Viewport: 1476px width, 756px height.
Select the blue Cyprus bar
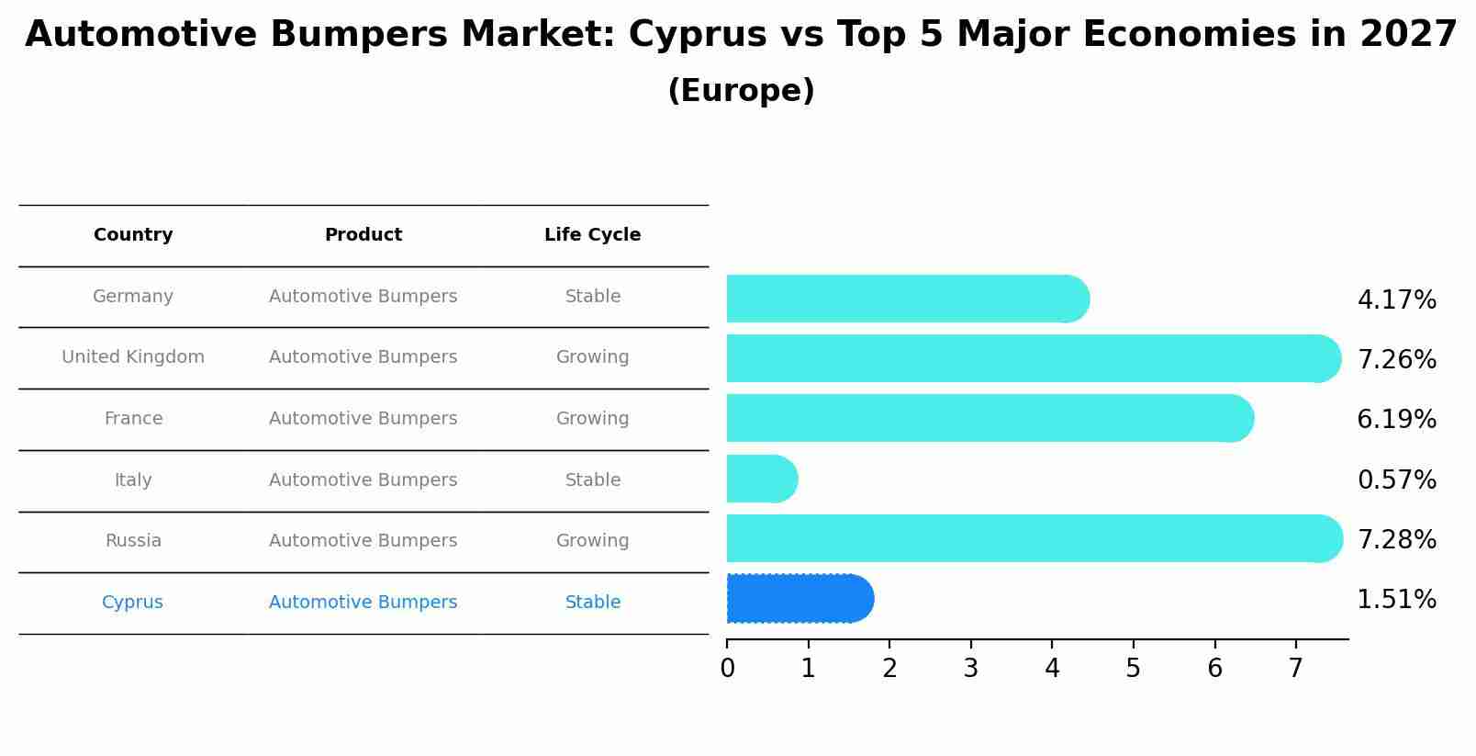[x=799, y=599]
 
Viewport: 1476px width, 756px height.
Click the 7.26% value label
[x=1396, y=359]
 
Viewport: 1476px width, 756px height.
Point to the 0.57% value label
[x=1396, y=480]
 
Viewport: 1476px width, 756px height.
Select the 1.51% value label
[x=1396, y=600]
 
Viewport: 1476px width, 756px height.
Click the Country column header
[x=133, y=235]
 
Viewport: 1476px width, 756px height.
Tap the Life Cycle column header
[x=592, y=235]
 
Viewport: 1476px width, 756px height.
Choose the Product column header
[x=363, y=235]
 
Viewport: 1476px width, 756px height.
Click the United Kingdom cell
[x=133, y=357]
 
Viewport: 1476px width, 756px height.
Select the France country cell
[x=133, y=419]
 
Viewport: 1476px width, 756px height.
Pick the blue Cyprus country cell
[x=132, y=603]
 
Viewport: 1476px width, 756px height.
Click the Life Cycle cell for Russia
[x=592, y=541]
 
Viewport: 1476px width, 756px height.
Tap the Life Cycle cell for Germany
[x=592, y=297]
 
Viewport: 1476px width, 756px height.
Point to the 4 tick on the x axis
[x=1052, y=668]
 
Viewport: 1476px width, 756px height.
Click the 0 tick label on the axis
[x=727, y=668]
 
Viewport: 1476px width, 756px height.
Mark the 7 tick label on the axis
[x=1295, y=668]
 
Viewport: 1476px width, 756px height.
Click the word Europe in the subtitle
[x=741, y=91]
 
